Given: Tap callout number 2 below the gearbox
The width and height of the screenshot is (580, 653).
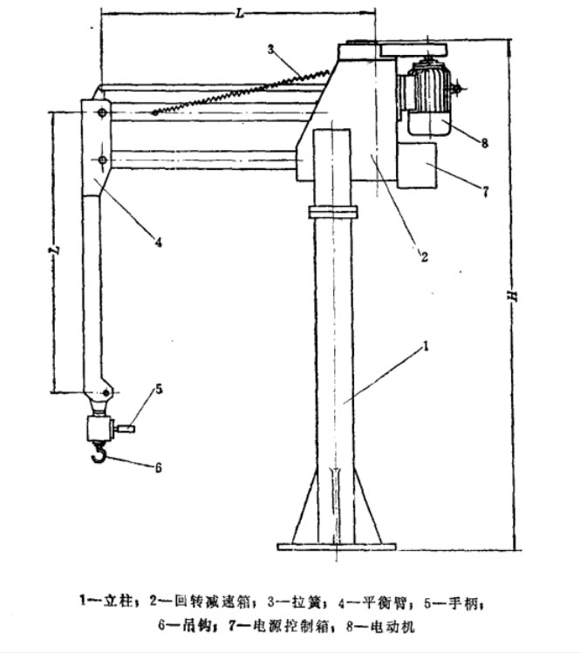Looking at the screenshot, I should [x=423, y=256].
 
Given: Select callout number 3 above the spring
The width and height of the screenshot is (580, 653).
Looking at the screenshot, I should [x=272, y=49].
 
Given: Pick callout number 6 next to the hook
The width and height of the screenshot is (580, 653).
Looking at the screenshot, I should [x=159, y=468].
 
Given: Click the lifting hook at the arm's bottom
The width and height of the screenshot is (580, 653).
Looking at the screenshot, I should [x=98, y=453].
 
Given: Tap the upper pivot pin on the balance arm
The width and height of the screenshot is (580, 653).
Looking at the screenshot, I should [x=102, y=113].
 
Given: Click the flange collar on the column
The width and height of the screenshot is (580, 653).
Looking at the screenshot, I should [x=332, y=212].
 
